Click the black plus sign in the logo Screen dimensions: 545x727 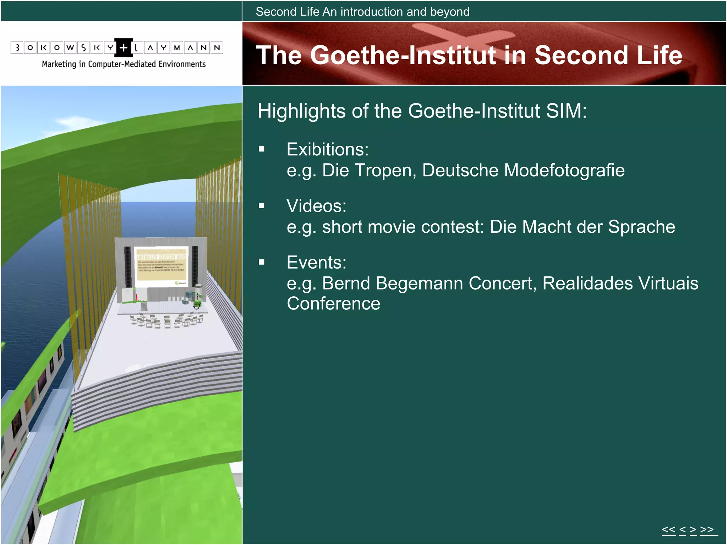[x=124, y=48]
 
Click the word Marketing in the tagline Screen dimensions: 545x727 [x=59, y=64]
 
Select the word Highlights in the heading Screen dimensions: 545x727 [x=301, y=111]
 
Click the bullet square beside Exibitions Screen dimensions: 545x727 [x=262, y=149]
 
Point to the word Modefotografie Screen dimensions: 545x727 [x=564, y=170]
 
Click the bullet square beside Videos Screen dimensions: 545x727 [x=262, y=206]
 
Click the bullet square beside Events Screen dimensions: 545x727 [x=262, y=262]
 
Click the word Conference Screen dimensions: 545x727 [x=333, y=304]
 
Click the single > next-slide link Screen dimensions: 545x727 [x=693, y=530]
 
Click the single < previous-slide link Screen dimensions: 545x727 [x=682, y=530]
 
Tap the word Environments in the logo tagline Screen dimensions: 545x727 [x=182, y=64]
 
